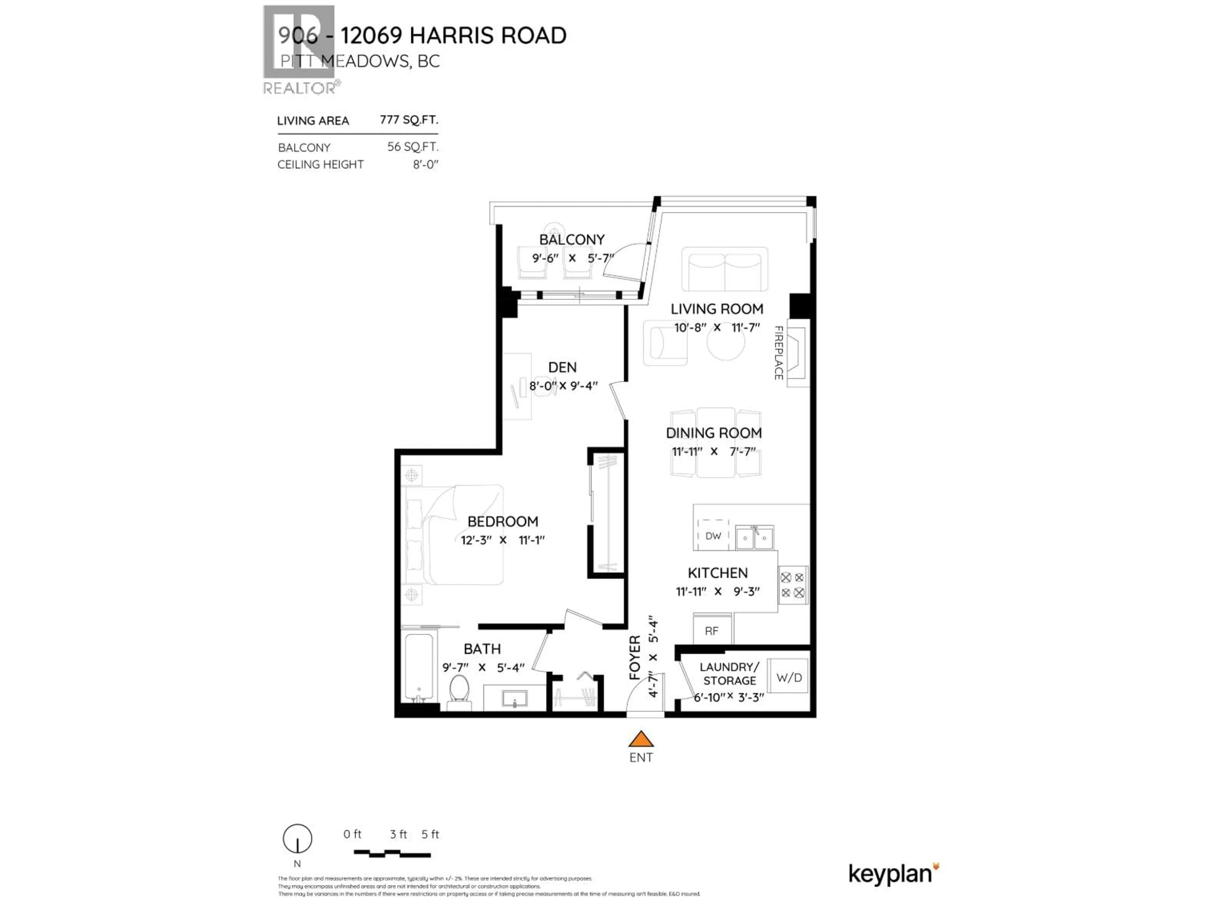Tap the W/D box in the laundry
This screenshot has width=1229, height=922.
(788, 677)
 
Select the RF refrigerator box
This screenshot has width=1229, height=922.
(712, 631)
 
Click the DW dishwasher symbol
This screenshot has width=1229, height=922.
(713, 536)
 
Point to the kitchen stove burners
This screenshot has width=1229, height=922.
(792, 585)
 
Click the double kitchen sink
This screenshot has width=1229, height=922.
(754, 538)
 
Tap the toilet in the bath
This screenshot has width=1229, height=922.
(459, 690)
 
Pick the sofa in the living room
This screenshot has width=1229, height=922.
(725, 270)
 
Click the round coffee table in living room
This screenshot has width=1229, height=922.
(726, 343)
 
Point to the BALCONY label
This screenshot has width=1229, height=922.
(572, 239)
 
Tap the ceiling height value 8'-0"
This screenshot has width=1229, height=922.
(425, 165)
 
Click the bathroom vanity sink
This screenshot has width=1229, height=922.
(515, 698)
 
